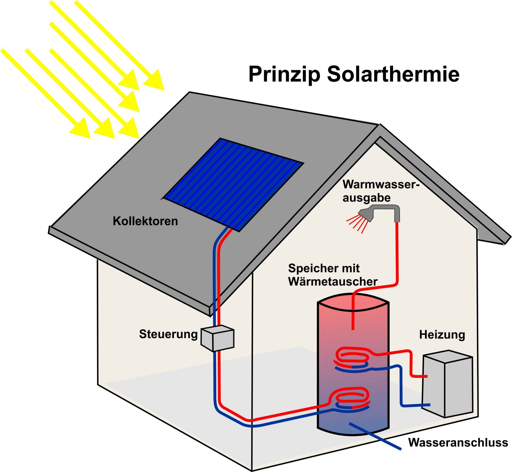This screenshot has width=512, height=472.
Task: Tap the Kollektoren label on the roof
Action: pos(145,221)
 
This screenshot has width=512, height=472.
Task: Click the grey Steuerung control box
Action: pos(217,338)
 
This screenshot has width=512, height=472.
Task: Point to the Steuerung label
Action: pos(168,334)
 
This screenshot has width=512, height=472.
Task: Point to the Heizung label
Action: pos(442,335)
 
